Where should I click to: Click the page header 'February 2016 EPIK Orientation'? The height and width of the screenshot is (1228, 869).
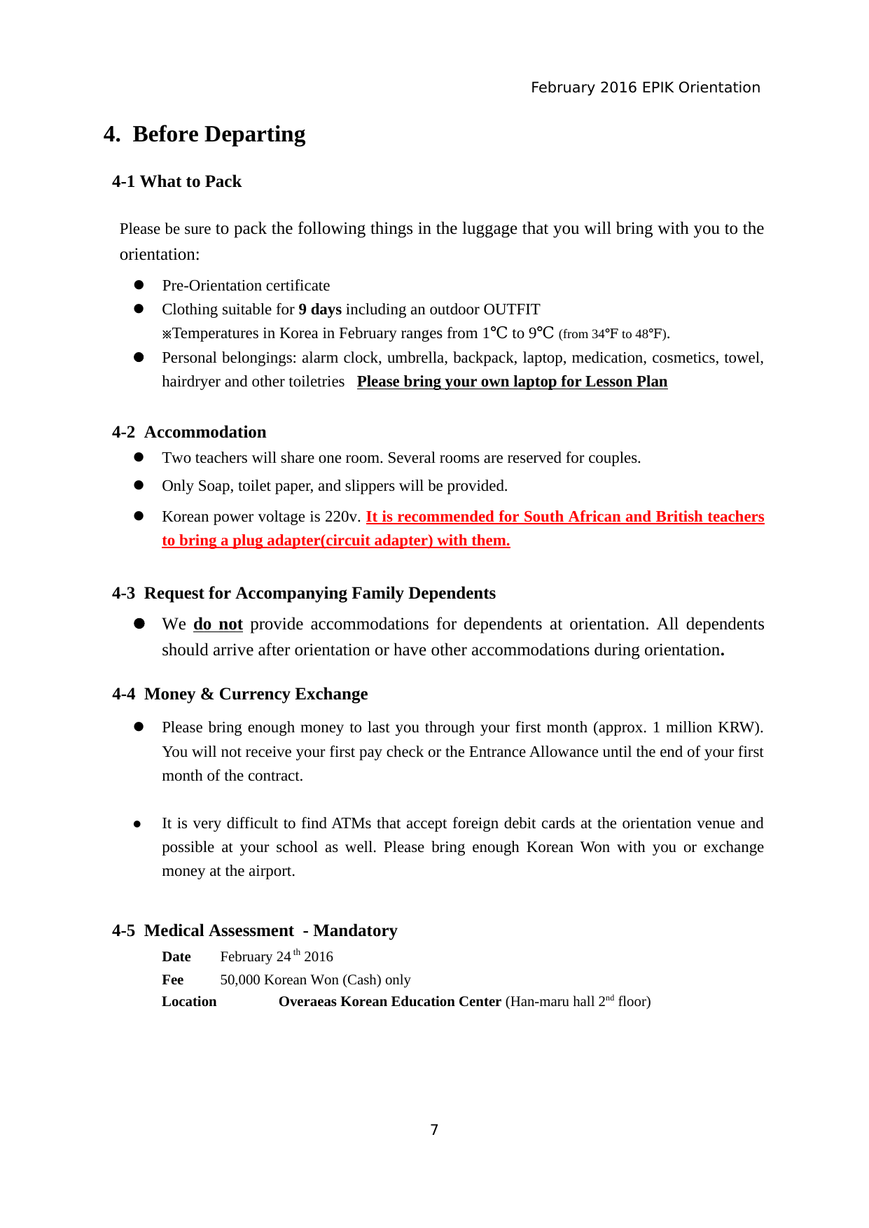tap(645, 88)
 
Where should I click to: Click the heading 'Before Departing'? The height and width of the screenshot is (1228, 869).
tap(218, 134)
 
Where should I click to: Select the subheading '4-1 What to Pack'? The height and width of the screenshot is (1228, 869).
tap(176, 181)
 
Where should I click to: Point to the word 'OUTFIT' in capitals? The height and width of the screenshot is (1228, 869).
tap(512, 309)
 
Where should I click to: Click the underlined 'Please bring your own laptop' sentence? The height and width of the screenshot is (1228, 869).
tap(512, 382)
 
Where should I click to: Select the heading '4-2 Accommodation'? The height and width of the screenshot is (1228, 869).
tap(189, 432)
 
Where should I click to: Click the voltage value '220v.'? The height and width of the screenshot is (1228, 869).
tap(343, 517)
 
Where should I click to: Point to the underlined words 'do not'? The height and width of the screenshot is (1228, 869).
tap(218, 624)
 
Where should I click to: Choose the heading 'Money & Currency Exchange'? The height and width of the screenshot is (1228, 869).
tap(256, 694)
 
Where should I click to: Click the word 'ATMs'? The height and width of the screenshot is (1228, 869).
tap(352, 823)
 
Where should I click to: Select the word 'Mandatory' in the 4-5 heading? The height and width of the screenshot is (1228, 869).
tap(355, 930)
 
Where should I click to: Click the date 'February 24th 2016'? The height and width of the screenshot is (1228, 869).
tap(277, 956)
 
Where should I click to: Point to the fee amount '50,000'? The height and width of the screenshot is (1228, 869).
tap(239, 979)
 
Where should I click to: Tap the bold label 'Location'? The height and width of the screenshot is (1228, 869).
tap(189, 1001)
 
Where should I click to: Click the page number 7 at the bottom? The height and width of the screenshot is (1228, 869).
tap(434, 1129)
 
